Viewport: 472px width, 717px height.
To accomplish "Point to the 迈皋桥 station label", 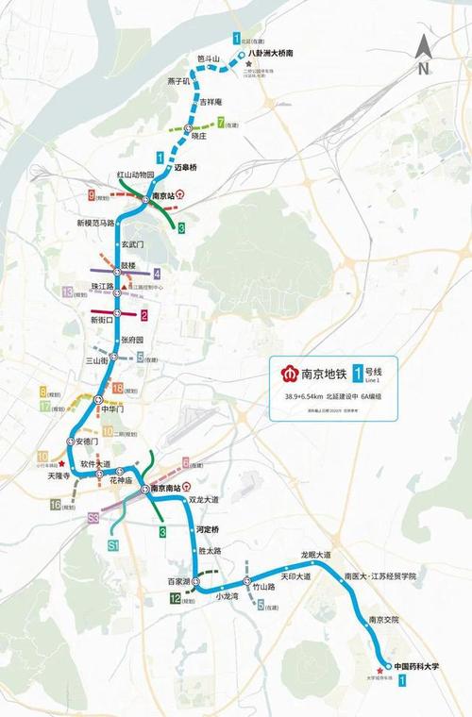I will [190, 167].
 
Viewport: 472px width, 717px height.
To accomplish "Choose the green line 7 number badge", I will [221, 123].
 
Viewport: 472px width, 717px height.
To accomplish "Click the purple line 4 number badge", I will [158, 274].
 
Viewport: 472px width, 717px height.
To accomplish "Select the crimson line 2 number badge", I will [144, 315].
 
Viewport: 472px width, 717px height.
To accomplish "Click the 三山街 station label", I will [97, 360].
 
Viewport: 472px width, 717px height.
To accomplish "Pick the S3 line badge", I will [93, 518].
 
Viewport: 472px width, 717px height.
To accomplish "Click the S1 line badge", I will [114, 545].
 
